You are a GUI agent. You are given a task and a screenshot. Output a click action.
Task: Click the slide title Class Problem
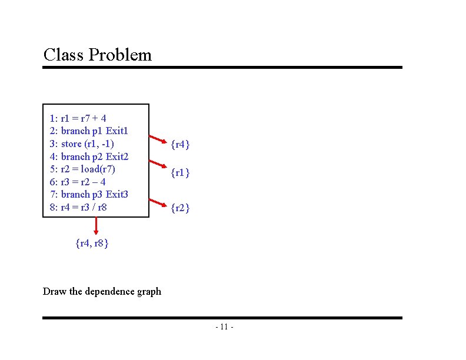point(97,55)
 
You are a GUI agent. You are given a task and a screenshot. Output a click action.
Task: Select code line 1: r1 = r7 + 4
point(78,118)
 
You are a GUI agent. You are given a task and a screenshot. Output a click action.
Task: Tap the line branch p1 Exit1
point(89,131)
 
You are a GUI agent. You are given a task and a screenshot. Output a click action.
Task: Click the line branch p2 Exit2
point(89,156)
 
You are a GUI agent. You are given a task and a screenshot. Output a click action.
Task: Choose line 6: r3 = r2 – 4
point(78,182)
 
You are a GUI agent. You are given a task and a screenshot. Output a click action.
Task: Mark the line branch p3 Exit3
point(89,194)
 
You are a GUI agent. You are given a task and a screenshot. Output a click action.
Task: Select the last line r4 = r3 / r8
point(79,207)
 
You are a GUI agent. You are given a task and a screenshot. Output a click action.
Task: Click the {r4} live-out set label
point(180,144)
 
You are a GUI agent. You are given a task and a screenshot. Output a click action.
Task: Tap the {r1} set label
point(180,173)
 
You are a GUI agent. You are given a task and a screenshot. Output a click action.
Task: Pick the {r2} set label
point(180,208)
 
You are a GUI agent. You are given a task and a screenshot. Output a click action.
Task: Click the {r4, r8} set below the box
point(92,242)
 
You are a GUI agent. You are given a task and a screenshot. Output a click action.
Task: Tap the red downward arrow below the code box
point(96,226)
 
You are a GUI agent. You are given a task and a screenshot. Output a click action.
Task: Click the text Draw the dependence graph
point(102,291)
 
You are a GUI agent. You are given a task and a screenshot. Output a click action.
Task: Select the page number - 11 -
point(225,327)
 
